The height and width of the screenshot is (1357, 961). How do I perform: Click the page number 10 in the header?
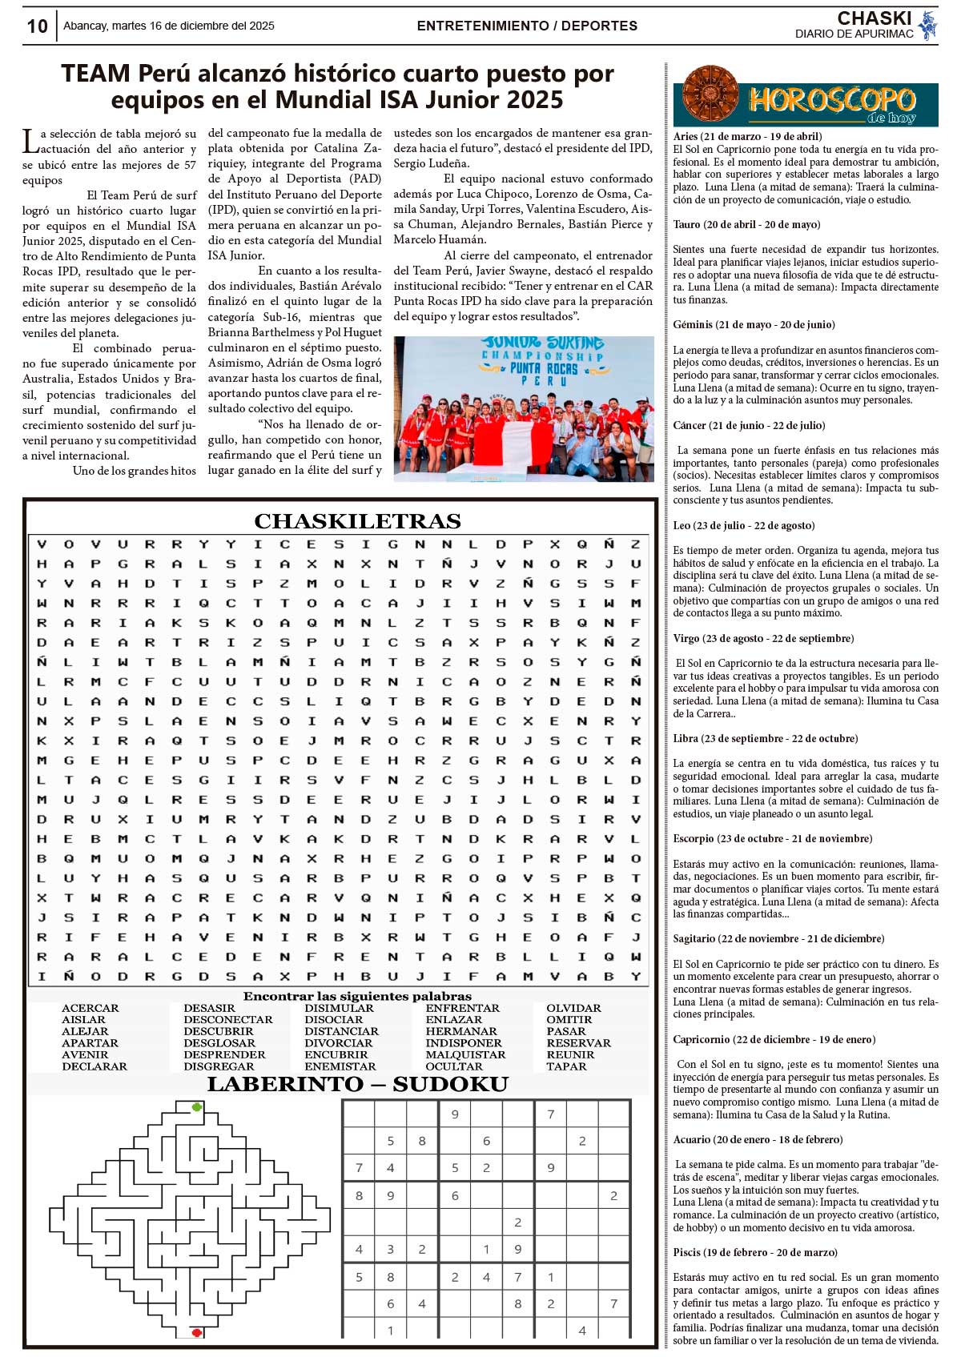point(37,26)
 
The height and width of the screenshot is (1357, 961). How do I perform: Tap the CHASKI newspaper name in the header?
point(874,18)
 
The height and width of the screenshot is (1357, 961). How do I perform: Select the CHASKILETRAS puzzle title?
point(357,521)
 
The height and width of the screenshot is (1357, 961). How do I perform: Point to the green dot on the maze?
point(197,1107)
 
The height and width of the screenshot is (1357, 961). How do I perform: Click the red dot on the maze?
point(196,1333)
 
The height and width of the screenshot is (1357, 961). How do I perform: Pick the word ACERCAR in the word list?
point(90,1008)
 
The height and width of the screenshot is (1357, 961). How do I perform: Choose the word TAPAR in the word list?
point(567,1066)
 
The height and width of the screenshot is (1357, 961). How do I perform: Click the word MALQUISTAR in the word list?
point(465,1054)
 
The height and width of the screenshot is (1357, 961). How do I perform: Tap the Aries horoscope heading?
point(747,136)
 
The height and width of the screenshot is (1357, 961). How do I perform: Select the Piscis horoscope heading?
point(755,1252)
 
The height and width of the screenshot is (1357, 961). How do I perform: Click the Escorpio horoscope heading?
point(772,838)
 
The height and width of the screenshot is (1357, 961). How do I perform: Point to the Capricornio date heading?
point(774,1039)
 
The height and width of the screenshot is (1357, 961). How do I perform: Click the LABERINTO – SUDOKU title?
point(357,1084)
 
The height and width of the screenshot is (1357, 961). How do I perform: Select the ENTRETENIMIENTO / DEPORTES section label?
point(527,26)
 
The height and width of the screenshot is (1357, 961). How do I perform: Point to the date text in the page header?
point(169,26)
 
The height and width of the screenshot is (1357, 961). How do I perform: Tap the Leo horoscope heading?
point(744,525)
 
